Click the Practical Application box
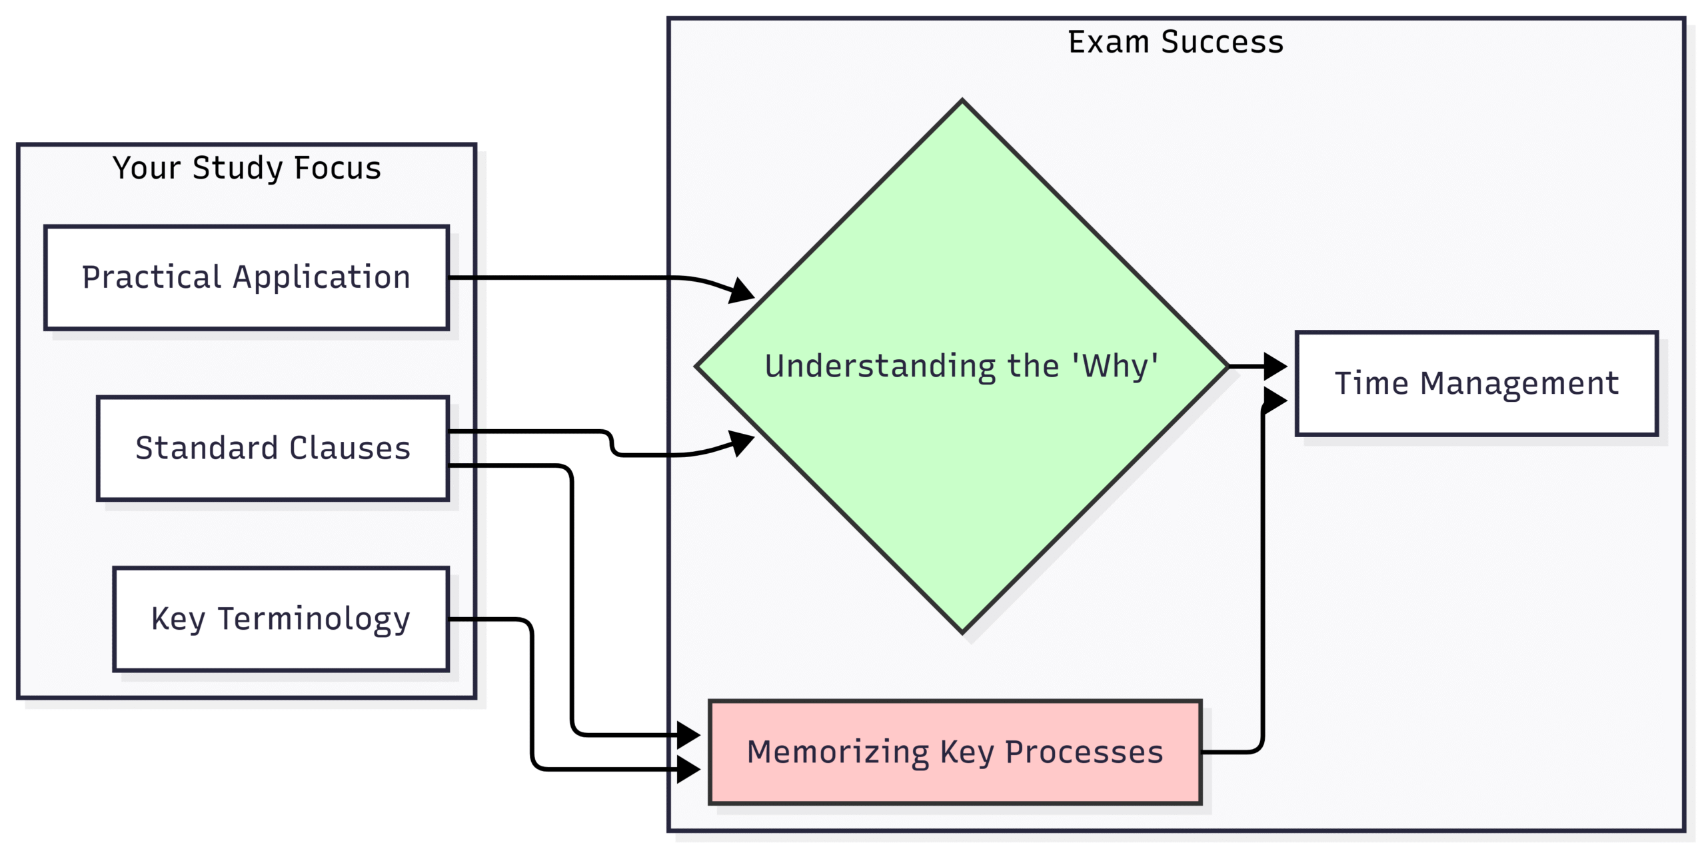pos(247,277)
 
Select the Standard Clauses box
pos(273,448)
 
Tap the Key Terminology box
pos(281,619)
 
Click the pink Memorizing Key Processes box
pos(955,752)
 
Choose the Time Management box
pos(1477,383)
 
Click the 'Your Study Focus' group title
pos(247,168)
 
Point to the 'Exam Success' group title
pos(1176,42)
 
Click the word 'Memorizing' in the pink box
pos(838,752)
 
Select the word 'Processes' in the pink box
pos(1084,752)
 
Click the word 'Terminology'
pos(314,619)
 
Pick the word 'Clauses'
pos(350,448)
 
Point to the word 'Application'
pos(321,277)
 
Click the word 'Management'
pos(1519,383)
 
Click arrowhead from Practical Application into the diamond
pos(742,291)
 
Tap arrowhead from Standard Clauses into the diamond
pos(742,442)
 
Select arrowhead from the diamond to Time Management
pos(1276,366)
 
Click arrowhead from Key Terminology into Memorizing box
pos(688,769)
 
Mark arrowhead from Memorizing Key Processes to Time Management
pos(1276,401)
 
